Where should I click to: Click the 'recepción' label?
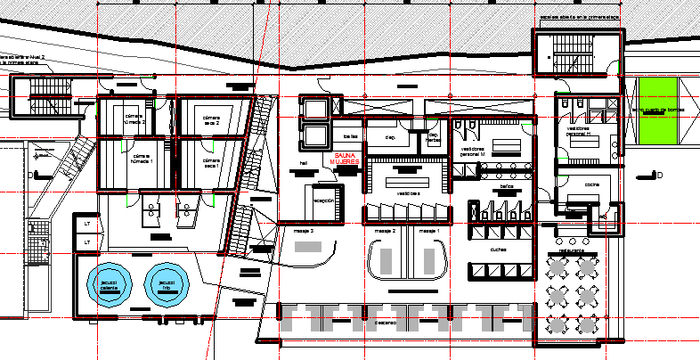click(x=323, y=201)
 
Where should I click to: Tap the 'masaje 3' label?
click(x=305, y=231)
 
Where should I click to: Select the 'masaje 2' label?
click(x=385, y=231)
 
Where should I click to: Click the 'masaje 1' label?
click(x=429, y=231)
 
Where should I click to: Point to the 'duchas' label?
click(x=499, y=250)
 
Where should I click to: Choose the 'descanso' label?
click(x=385, y=322)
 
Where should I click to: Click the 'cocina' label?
click(x=591, y=184)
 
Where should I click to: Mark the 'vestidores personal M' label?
click(x=472, y=151)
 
